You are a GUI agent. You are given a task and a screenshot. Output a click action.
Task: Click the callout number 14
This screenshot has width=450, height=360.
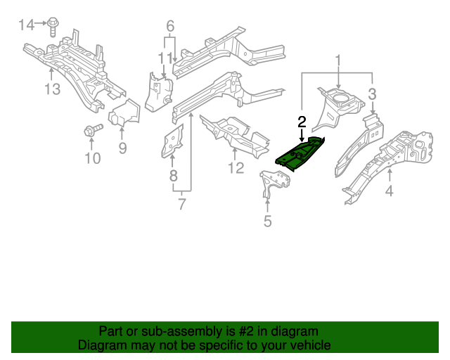tap(26, 25)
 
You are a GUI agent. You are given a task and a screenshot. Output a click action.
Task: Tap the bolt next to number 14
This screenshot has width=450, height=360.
tap(53, 26)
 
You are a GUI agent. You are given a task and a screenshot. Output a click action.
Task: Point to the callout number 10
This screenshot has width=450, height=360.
tap(93, 158)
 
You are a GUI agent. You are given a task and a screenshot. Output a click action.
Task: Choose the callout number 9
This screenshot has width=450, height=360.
tap(122, 148)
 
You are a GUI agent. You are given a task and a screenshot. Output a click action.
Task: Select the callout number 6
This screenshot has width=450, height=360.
tap(169, 27)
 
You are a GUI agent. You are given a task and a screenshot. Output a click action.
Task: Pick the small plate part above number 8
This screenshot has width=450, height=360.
tap(172, 142)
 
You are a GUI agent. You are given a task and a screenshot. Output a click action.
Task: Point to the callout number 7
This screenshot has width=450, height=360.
tap(183, 205)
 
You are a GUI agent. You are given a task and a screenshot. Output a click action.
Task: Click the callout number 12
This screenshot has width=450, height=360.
tap(235, 168)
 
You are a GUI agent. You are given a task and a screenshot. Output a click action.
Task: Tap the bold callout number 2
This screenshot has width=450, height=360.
tap(302, 121)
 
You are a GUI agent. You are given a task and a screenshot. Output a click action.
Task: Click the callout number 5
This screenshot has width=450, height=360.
tap(267, 223)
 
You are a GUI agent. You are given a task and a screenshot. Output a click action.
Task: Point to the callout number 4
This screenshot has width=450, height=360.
tap(389, 190)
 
